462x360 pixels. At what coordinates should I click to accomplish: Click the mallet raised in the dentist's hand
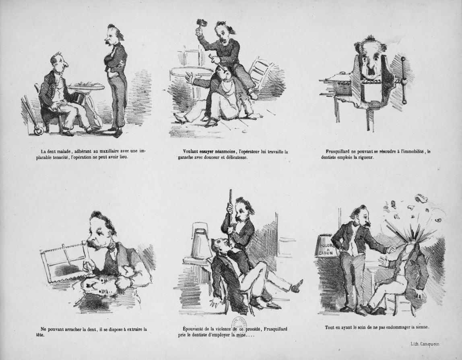(201, 24)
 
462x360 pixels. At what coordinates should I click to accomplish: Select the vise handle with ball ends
(404, 80)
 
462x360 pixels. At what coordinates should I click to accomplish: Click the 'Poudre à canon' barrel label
(326, 249)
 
